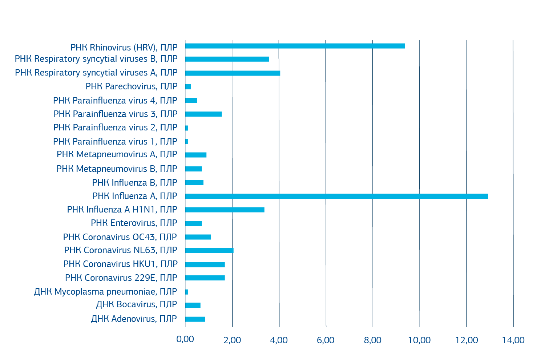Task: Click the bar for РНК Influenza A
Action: click(x=336, y=196)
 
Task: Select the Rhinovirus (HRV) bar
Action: click(x=295, y=46)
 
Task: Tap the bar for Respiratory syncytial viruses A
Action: click(x=233, y=73)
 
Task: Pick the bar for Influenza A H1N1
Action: click(x=225, y=210)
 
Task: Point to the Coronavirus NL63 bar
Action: click(x=209, y=251)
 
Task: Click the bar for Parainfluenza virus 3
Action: click(x=203, y=114)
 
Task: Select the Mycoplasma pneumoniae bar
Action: click(x=187, y=292)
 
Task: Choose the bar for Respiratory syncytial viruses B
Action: click(x=227, y=59)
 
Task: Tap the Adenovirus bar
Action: click(x=195, y=319)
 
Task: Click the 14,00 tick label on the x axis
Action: click(x=513, y=340)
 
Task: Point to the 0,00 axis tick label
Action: click(x=185, y=340)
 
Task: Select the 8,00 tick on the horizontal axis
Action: click(x=373, y=340)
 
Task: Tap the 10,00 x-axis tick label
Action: click(x=420, y=340)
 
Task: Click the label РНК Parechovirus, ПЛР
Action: click(x=132, y=86)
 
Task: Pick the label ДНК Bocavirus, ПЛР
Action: click(x=136, y=304)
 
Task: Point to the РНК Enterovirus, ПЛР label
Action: click(x=134, y=223)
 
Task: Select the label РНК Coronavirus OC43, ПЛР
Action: click(x=120, y=237)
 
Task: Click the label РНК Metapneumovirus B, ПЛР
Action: click(x=117, y=169)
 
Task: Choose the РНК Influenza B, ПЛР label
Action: click(x=135, y=182)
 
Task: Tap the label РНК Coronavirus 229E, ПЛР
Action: click(x=121, y=278)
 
